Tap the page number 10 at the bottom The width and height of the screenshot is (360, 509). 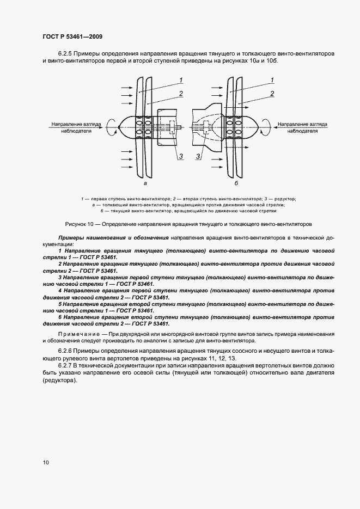coord(46,463)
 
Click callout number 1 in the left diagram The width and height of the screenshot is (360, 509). coord(179,81)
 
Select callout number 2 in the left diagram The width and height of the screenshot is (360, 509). coord(179,94)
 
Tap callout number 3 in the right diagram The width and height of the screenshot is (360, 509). coord(198,157)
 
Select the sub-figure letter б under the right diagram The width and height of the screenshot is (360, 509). coord(236,184)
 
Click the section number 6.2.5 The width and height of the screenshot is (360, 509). coord(66,53)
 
